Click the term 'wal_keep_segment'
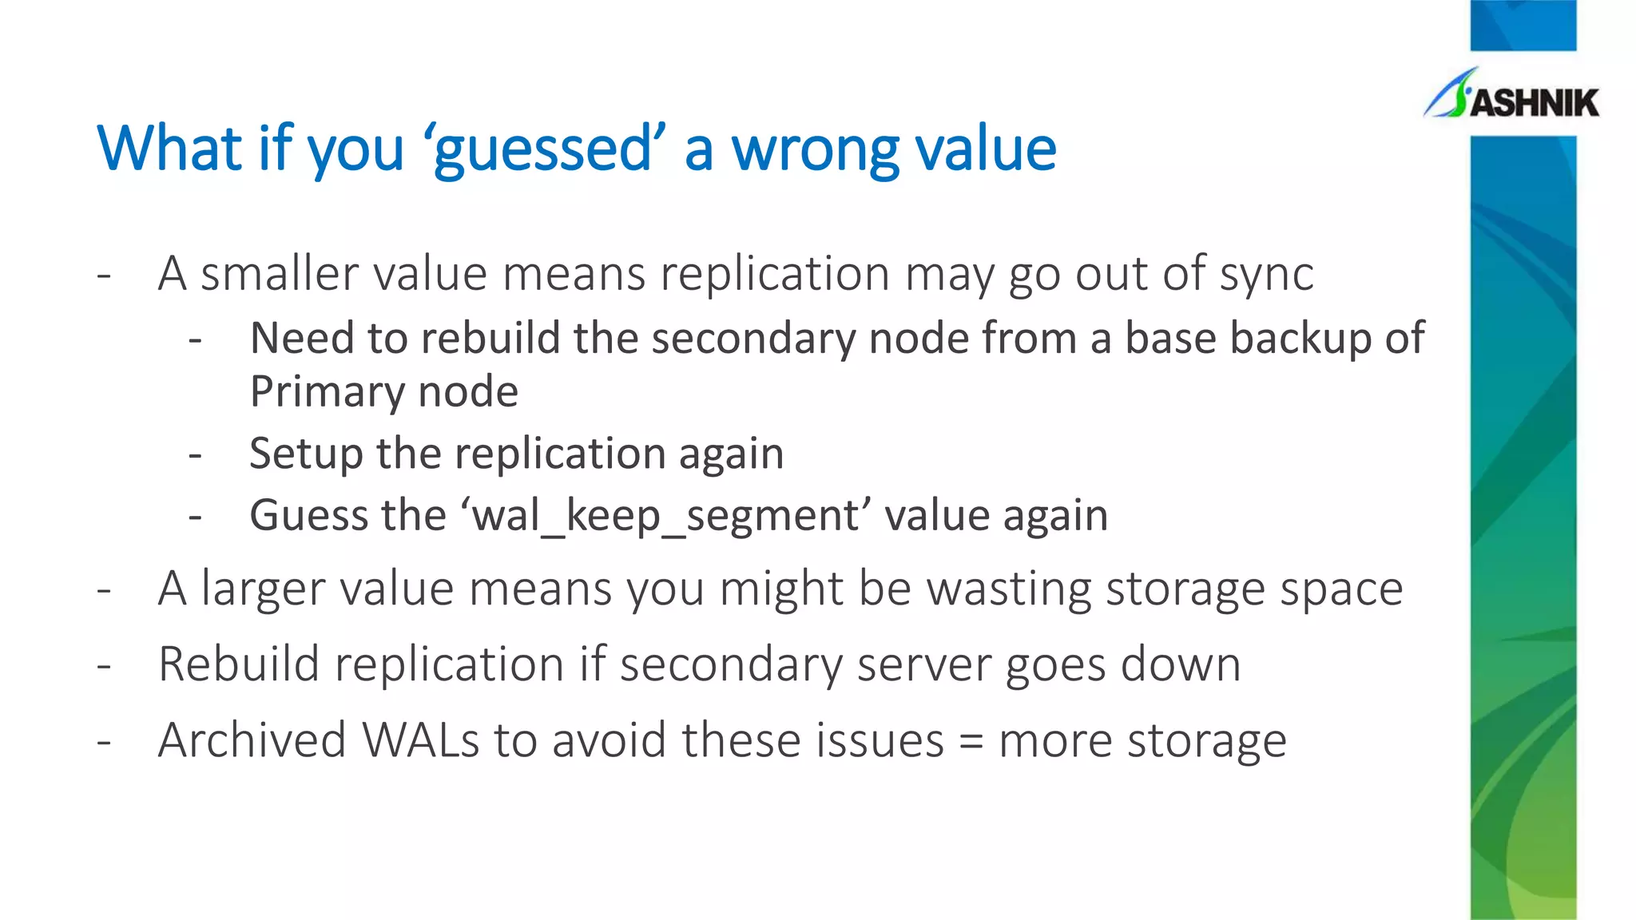point(665,515)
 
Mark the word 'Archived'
point(252,740)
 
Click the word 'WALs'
point(421,740)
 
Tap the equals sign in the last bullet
point(971,741)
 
